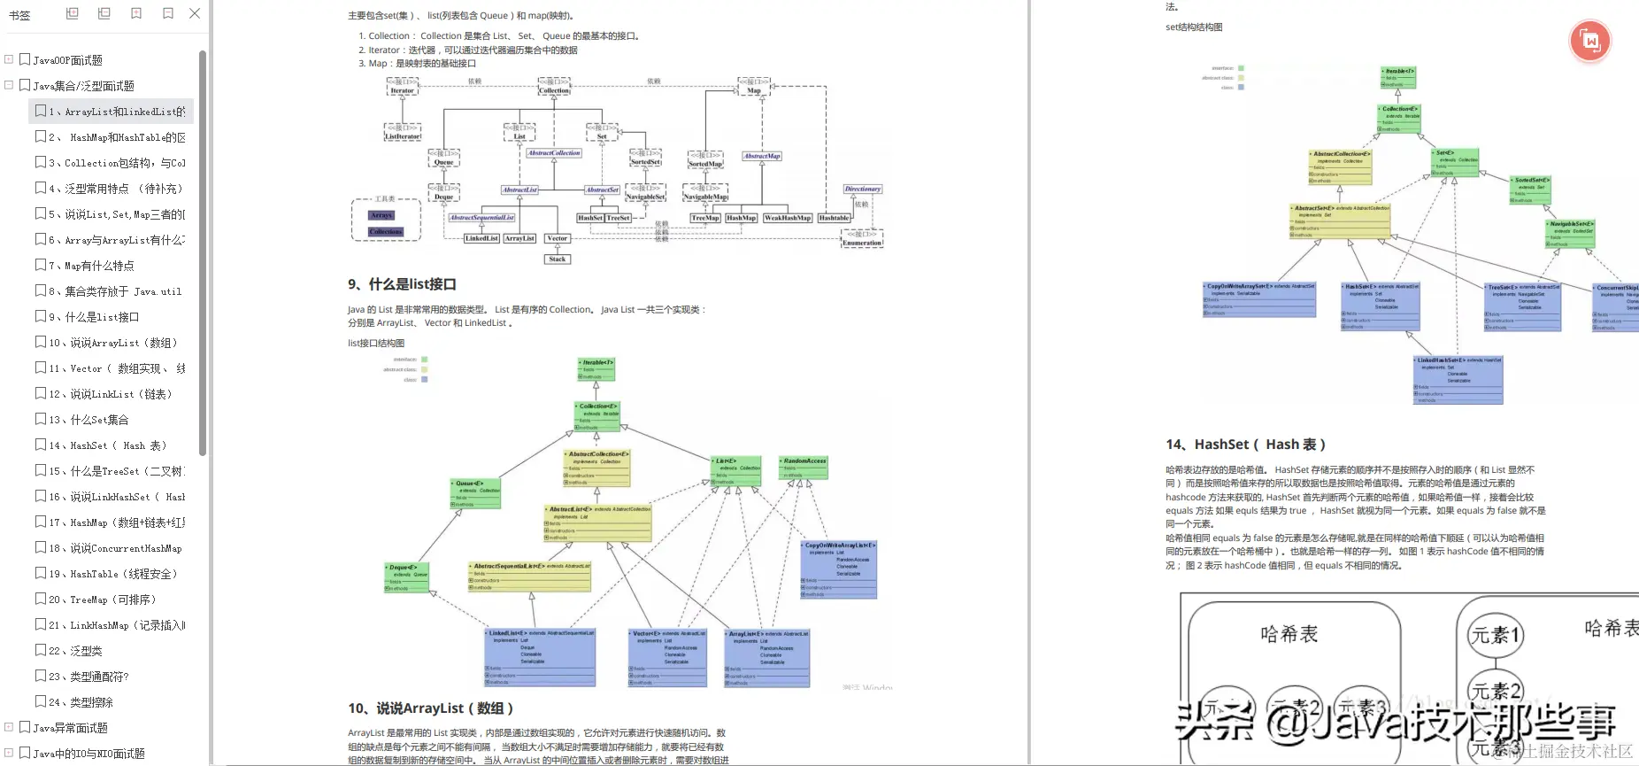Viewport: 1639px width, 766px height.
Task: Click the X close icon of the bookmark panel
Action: pos(195,13)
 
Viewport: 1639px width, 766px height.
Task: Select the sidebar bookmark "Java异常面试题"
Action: pos(70,728)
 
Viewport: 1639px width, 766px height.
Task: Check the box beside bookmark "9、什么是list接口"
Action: pos(41,316)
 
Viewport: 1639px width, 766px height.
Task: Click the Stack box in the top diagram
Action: pos(558,259)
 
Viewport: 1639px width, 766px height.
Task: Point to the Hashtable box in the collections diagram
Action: pos(834,218)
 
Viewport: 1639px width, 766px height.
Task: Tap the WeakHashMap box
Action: pos(788,218)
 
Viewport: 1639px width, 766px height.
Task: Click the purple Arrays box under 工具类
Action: pos(381,215)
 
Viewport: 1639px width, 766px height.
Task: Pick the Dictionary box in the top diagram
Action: pos(862,189)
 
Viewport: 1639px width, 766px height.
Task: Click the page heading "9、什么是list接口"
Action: pos(402,284)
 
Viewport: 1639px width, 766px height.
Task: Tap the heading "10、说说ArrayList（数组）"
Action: pos(430,708)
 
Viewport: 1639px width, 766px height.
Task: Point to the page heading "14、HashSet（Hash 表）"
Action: pos(1245,445)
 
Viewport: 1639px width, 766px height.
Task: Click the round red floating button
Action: pos(1589,41)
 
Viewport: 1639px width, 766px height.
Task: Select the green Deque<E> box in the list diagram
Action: pos(407,576)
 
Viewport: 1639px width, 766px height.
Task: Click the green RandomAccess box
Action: pos(804,468)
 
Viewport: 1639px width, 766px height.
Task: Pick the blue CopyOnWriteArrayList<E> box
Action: pos(839,569)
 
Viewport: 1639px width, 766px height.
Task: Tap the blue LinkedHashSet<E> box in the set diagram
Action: pos(1458,379)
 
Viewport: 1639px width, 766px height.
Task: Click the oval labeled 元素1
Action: pos(1495,635)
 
